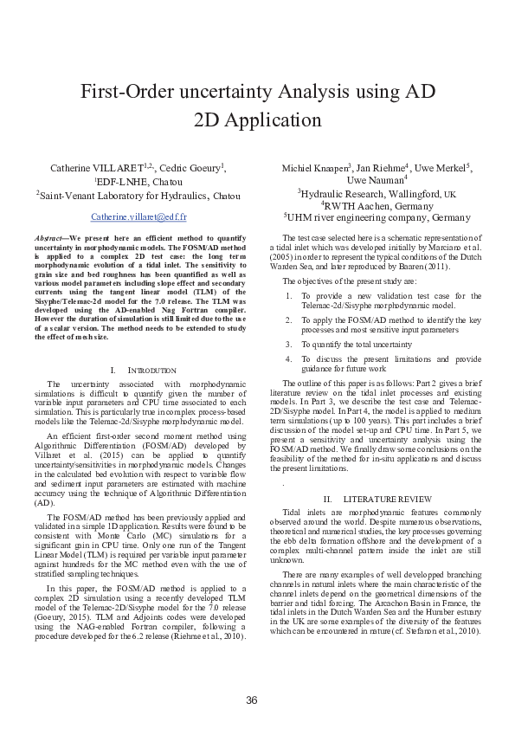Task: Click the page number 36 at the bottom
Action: click(252, 700)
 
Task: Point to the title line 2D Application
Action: click(257, 119)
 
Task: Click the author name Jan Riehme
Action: click(383, 167)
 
